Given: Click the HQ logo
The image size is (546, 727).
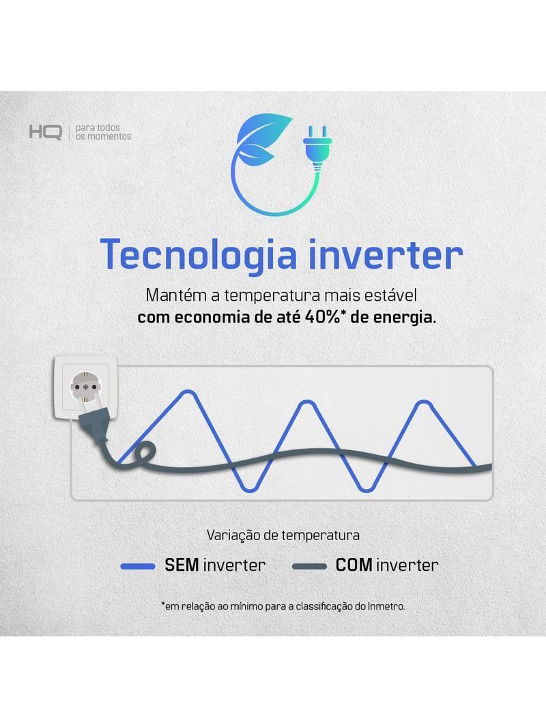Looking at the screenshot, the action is (46, 132).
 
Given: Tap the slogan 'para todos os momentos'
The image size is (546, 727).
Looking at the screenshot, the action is (104, 132).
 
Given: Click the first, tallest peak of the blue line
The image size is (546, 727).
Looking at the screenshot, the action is (188, 394).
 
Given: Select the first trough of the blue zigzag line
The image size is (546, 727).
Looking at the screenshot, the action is (250, 488).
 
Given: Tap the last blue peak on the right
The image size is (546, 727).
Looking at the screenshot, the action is (423, 403).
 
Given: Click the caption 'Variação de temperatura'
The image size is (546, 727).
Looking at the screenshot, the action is (283, 535).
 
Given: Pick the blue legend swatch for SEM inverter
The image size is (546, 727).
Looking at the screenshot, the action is (137, 566).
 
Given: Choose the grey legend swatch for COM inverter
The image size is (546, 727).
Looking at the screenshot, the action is (309, 566).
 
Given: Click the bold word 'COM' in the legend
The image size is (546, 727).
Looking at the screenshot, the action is (354, 565).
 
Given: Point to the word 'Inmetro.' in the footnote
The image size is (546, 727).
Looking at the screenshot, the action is (386, 606).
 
